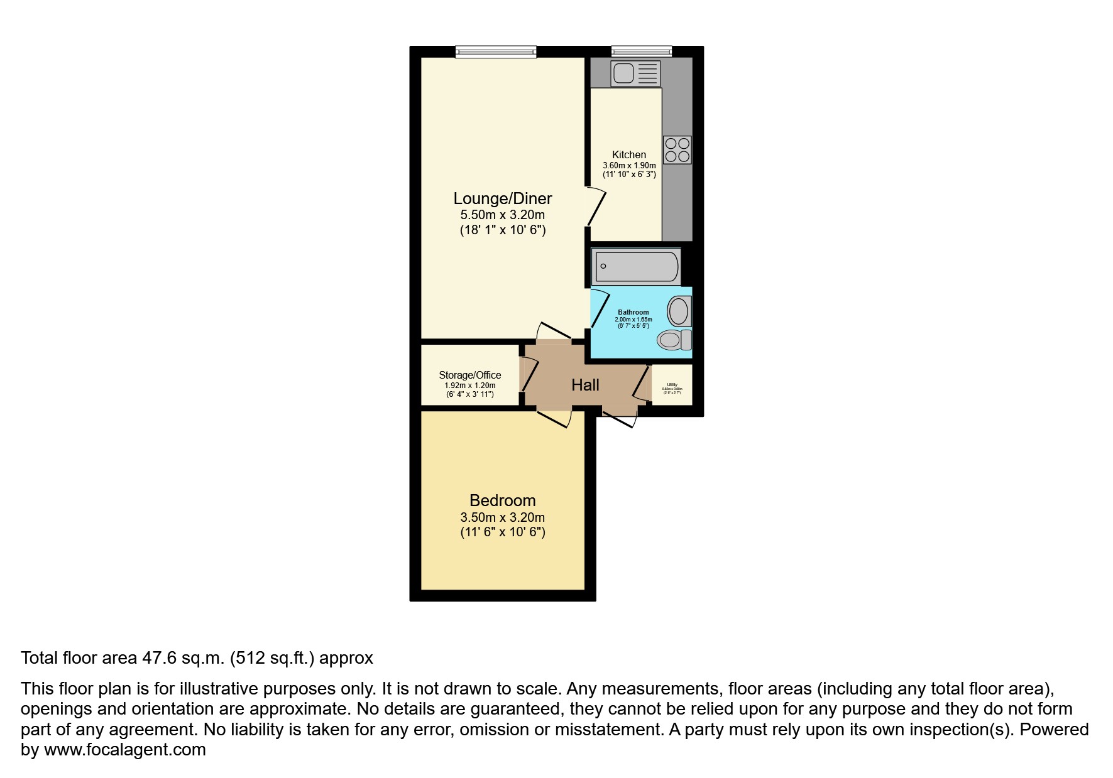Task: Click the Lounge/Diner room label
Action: [502, 198]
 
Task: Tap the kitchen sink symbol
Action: [635, 73]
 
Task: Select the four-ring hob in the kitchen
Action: [677, 150]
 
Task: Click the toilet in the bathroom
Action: [674, 340]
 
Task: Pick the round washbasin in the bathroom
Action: [678, 310]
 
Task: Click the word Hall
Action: [584, 385]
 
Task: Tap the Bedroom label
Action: [502, 500]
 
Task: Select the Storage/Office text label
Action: [469, 375]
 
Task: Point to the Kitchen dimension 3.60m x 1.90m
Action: [628, 165]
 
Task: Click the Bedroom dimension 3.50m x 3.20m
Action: [502, 517]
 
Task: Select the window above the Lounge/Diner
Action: [496, 51]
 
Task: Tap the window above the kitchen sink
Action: [641, 51]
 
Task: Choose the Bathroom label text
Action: [633, 312]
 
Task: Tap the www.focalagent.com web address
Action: [124, 750]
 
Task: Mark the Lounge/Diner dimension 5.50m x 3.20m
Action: [502, 215]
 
